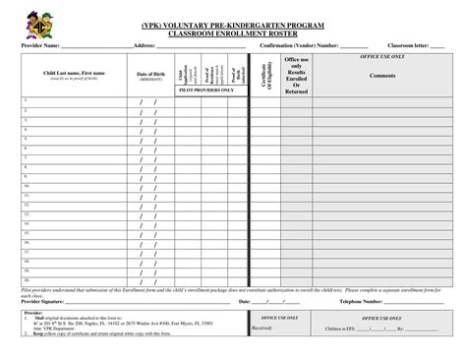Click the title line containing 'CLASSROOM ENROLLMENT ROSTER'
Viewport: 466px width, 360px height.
coord(232,31)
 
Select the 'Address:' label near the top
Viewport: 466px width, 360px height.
coord(144,46)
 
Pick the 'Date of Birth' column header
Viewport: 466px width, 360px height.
coord(149,75)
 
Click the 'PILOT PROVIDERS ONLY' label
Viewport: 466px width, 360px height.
coord(205,90)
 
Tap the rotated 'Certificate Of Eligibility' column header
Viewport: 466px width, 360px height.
coord(262,76)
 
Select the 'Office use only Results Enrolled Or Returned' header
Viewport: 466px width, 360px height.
coord(296,76)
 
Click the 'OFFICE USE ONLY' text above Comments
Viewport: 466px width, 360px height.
coord(382,58)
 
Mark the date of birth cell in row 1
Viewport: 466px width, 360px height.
coord(149,102)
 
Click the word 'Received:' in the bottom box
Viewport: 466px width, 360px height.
coord(262,327)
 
